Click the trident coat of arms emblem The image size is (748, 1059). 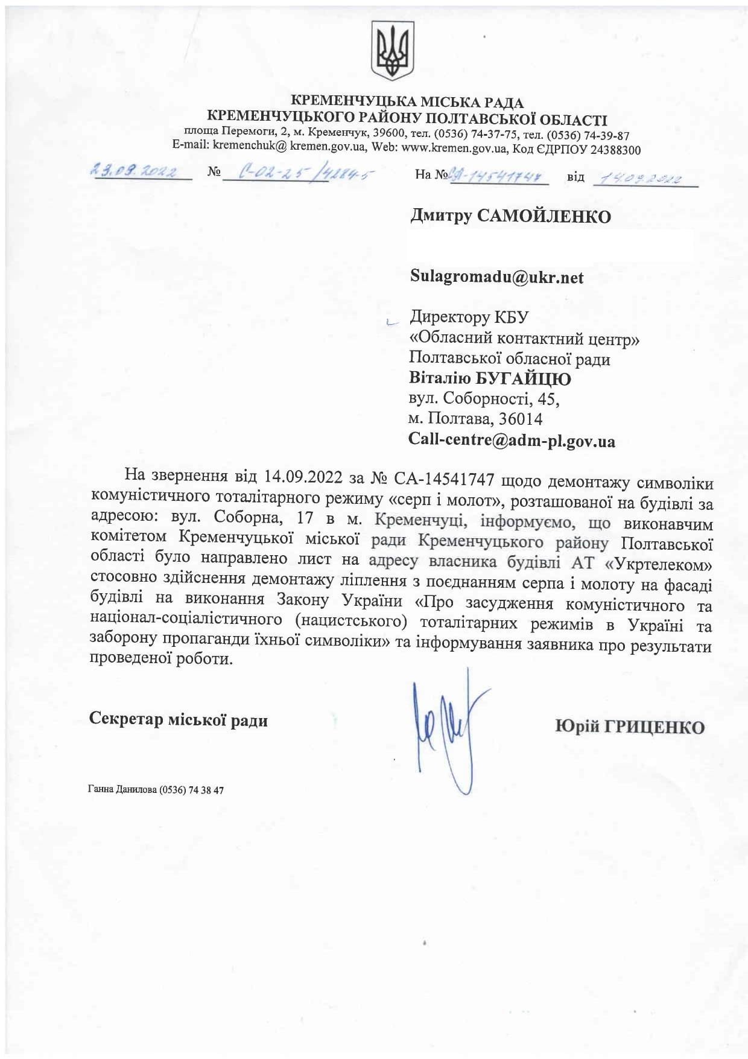point(392,51)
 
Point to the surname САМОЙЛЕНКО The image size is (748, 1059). point(544,217)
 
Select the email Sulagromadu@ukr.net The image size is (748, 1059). point(496,277)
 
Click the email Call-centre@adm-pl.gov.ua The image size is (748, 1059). point(512,440)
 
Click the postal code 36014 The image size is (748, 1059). point(521,419)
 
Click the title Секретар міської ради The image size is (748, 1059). point(179,720)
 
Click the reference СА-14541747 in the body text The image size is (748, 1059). point(444,479)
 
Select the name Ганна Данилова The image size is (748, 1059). point(122,790)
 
